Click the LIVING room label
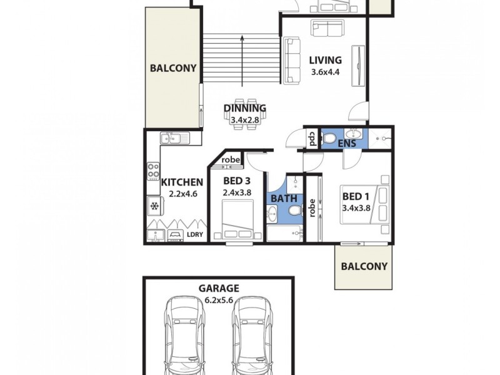click(x=326, y=61)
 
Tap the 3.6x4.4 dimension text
click(x=326, y=72)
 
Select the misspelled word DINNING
click(x=245, y=108)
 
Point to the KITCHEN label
click(x=182, y=182)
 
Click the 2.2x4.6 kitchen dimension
click(x=182, y=193)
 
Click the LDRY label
click(x=194, y=236)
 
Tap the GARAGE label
click(x=219, y=289)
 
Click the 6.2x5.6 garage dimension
click(x=219, y=299)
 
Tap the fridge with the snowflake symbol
click(x=154, y=205)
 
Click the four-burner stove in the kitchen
click(x=154, y=171)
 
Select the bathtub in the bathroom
click(x=284, y=234)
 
